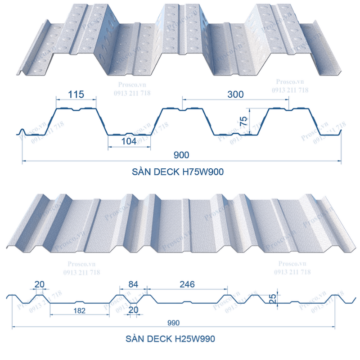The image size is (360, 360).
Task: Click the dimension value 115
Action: click(76, 95)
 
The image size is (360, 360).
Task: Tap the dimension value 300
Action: click(235, 94)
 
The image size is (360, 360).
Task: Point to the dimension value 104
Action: click(129, 142)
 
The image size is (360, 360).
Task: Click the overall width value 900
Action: click(181, 154)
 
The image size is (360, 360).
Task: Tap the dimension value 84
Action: click(133, 284)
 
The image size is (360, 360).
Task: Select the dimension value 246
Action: click(186, 284)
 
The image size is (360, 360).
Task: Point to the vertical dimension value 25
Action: click(272, 297)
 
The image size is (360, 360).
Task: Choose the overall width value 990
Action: click(173, 323)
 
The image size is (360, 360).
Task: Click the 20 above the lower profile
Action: click(40, 284)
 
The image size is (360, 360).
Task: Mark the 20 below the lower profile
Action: click(133, 310)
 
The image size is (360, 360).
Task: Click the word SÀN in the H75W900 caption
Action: click(142, 171)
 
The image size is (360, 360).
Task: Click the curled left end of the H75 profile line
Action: click(22, 131)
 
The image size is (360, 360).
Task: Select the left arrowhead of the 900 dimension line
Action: click(24, 160)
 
